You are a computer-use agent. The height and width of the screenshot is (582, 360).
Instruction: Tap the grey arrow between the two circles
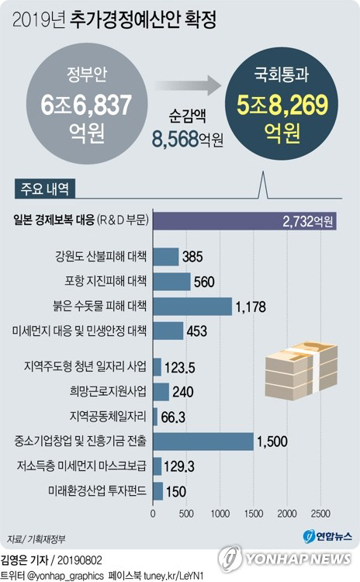point(180,84)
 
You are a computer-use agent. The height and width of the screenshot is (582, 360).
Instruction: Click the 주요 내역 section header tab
point(43,189)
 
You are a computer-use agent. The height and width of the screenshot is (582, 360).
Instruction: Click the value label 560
point(203,282)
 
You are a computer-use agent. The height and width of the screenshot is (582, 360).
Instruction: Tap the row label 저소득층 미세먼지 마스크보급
point(81,466)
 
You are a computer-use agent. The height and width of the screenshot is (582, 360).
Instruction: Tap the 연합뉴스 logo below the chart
point(326,535)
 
